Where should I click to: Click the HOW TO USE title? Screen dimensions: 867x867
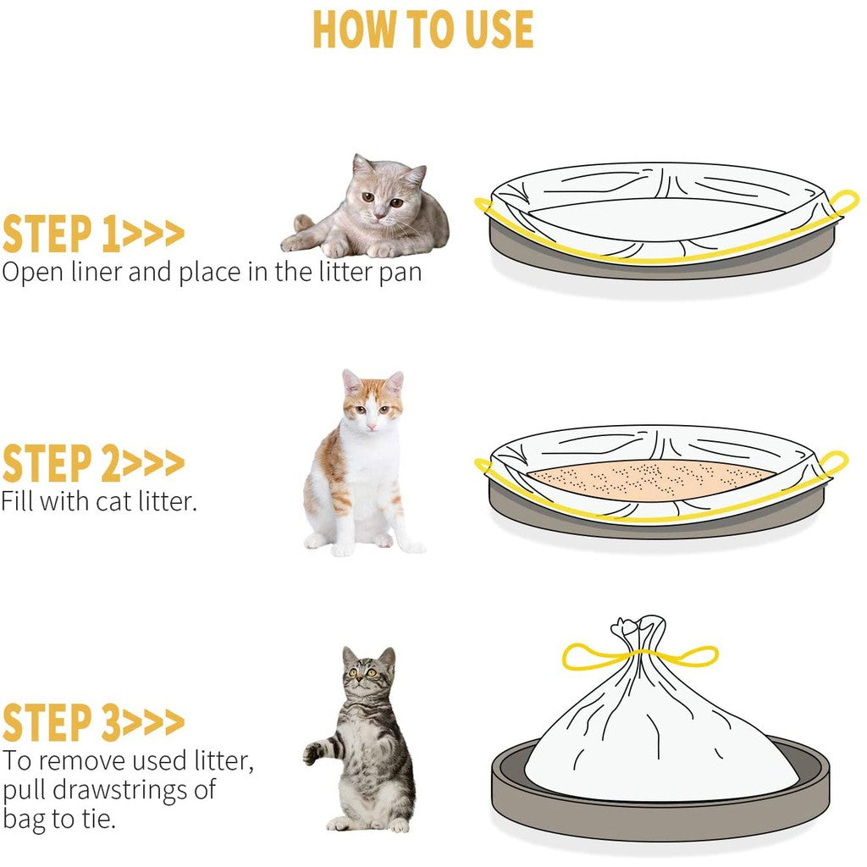423,30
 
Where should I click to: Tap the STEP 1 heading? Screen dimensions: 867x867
93,235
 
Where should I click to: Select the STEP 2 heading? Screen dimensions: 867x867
93,463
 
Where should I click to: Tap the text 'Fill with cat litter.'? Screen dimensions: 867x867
98,500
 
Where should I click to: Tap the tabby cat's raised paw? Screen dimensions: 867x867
313,752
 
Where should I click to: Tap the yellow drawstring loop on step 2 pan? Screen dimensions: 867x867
833,463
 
